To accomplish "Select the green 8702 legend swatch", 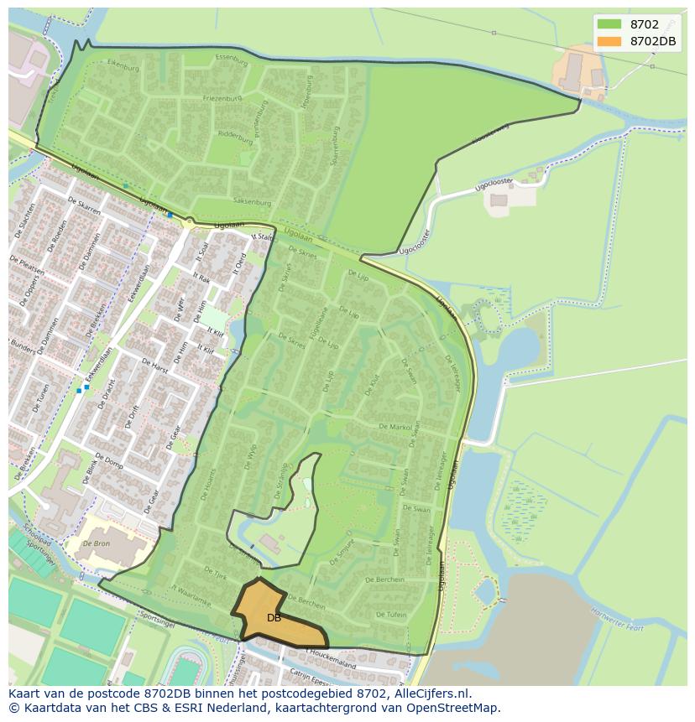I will pos(609,24).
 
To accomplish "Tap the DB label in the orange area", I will pos(274,618).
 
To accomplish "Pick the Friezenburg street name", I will pos(222,98).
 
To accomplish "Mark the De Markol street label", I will pos(395,427).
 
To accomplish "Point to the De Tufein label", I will pos(391,615).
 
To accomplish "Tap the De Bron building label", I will pos(97,543).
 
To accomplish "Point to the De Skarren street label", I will pos(84,207).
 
